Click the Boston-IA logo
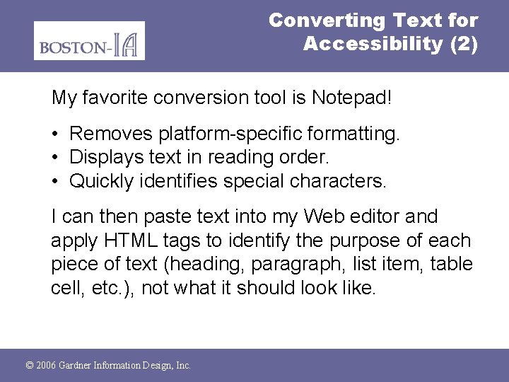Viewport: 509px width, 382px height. pyautogui.click(x=89, y=40)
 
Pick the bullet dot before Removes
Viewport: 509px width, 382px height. pyautogui.click(x=55, y=133)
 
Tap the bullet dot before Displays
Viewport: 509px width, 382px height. pyautogui.click(x=55, y=157)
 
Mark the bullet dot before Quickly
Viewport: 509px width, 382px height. pyautogui.click(x=55, y=181)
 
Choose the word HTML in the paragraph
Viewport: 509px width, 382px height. pyautogui.click(x=125, y=241)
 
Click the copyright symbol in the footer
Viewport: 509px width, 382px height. pyautogui.click(x=29, y=366)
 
